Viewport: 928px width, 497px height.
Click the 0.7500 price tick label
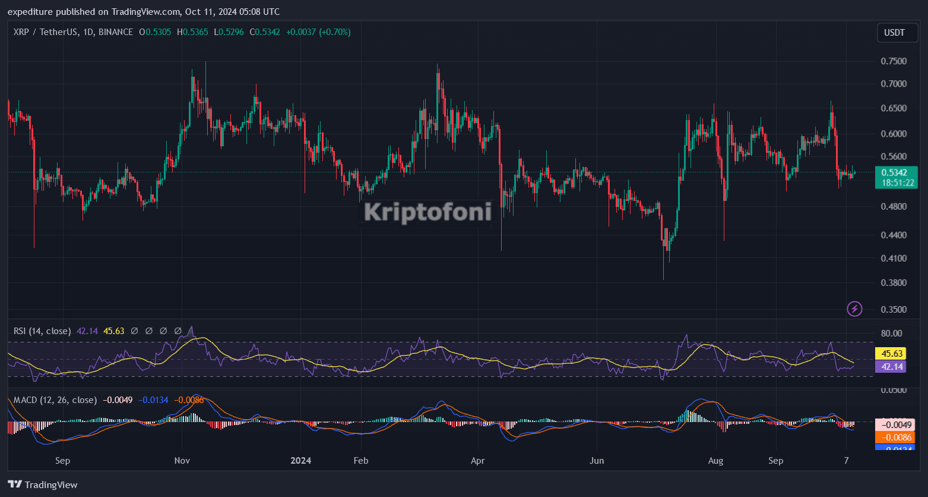[x=894, y=61]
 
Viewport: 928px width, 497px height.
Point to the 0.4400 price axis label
[x=894, y=235]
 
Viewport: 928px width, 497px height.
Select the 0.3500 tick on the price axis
[x=894, y=309]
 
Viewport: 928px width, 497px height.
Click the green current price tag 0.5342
[x=896, y=172]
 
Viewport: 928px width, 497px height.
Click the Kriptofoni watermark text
[x=427, y=212]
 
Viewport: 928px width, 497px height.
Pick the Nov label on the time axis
[x=182, y=461]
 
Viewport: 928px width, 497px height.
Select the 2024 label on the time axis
[x=301, y=461]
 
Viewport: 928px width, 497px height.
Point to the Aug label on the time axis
[x=716, y=461]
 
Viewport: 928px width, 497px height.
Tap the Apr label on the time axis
[x=478, y=461]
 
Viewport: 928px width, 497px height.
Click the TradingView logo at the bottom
[x=43, y=485]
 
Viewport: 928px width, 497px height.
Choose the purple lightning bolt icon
[x=854, y=309]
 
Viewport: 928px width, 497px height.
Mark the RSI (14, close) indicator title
[x=42, y=331]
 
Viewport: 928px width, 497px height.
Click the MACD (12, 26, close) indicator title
[x=55, y=400]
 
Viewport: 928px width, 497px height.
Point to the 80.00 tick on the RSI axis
[x=892, y=333]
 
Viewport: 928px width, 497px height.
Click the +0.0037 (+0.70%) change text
[x=318, y=32]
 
